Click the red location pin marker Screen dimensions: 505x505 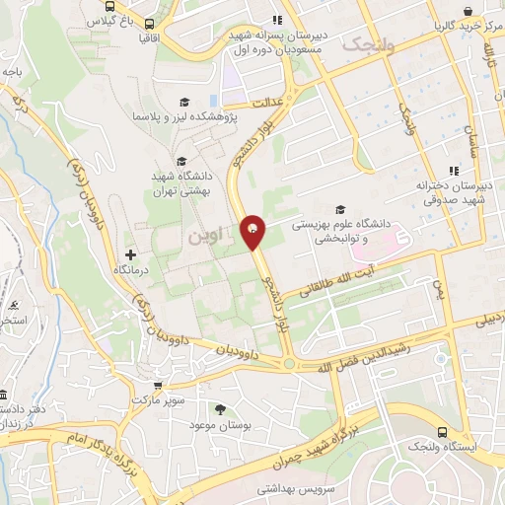click(x=252, y=231)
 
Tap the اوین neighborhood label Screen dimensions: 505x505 click(x=205, y=237)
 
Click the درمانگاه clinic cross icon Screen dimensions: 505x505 click(x=130, y=255)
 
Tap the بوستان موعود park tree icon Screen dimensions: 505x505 click(x=219, y=408)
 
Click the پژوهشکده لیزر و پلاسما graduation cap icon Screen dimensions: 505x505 click(x=183, y=103)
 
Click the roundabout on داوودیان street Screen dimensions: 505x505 click(x=289, y=363)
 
